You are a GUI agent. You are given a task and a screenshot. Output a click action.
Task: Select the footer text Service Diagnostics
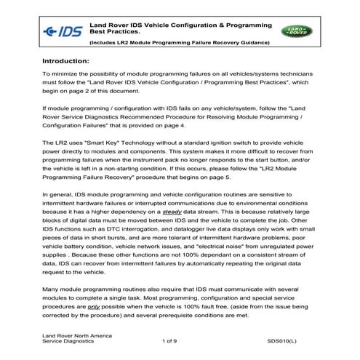click(68, 340)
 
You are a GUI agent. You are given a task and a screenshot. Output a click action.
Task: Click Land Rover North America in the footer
click(73, 333)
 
